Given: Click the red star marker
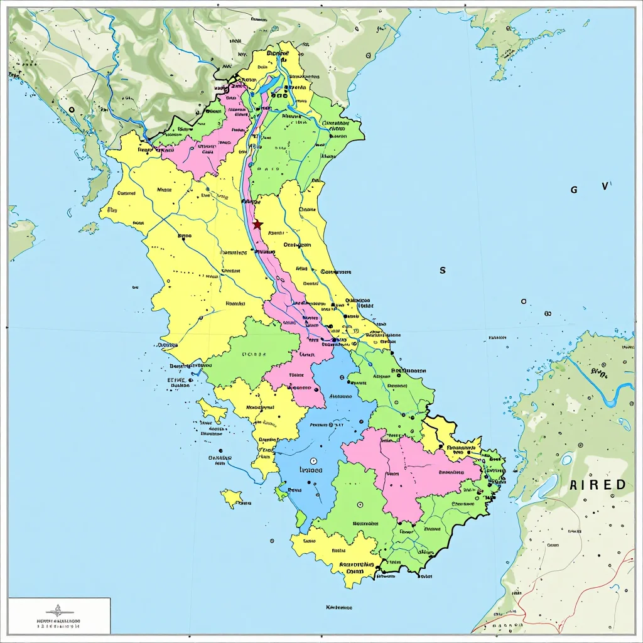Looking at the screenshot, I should [x=257, y=224].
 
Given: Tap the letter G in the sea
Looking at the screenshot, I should [x=573, y=189].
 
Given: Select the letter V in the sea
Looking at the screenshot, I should [x=604, y=186].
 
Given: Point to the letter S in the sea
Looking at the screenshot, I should [x=443, y=270].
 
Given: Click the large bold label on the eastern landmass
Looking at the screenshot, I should [x=598, y=484].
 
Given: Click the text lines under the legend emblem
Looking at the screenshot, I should [x=58, y=623].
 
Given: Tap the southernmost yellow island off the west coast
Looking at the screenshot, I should [x=232, y=499].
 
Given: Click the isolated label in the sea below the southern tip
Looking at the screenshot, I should [x=339, y=608].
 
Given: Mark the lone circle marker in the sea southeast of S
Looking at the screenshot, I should [x=523, y=301].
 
